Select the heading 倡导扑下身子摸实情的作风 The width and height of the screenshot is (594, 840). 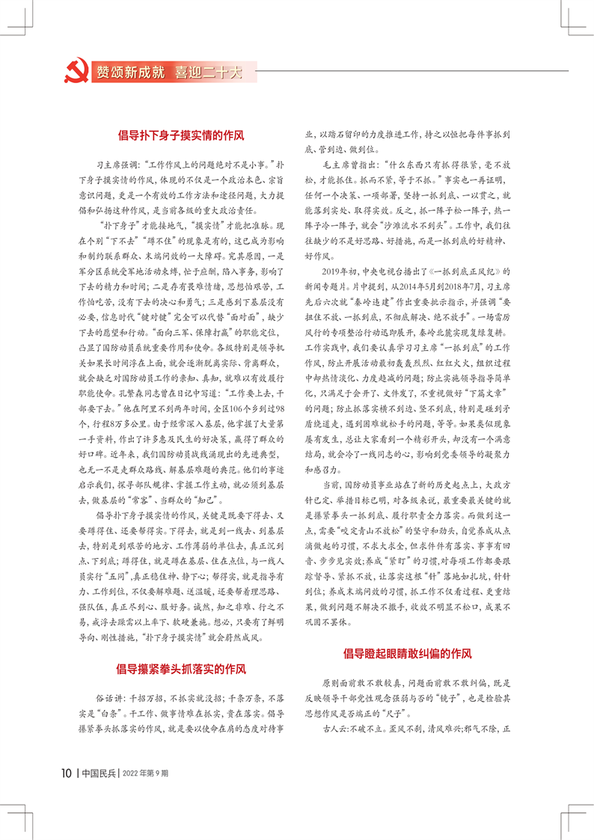[x=182, y=136]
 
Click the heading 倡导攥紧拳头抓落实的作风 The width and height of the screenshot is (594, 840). [x=182, y=669]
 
